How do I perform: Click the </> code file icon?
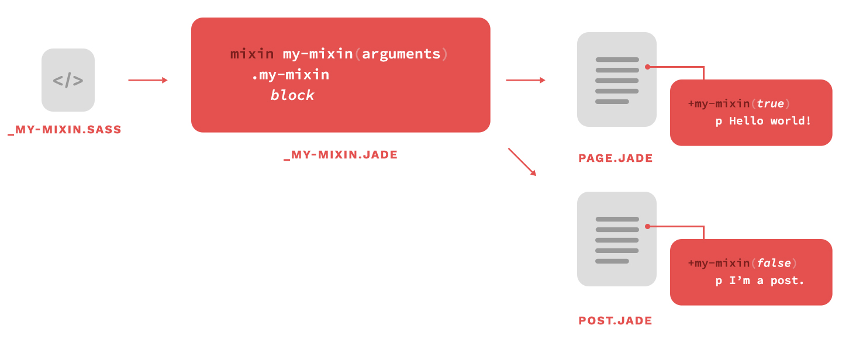[68, 80]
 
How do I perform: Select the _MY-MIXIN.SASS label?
[65, 130]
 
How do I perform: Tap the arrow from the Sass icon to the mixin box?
[148, 80]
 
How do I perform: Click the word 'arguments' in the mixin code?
[401, 54]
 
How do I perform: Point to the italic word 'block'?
[292, 95]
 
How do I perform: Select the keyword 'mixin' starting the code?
[252, 54]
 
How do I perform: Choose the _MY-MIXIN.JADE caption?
[340, 155]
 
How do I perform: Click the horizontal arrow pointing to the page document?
[526, 80]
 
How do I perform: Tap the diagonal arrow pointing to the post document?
[522, 162]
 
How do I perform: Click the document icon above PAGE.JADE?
[617, 79]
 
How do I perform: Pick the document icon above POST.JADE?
[617, 239]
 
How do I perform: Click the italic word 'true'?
[770, 103]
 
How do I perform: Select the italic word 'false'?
[774, 262]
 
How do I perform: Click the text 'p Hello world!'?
[763, 121]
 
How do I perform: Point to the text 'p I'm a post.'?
[760, 281]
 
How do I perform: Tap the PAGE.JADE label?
[615, 158]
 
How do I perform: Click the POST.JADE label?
[615, 320]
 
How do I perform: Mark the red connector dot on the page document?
[647, 67]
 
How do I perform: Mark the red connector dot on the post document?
[647, 227]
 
